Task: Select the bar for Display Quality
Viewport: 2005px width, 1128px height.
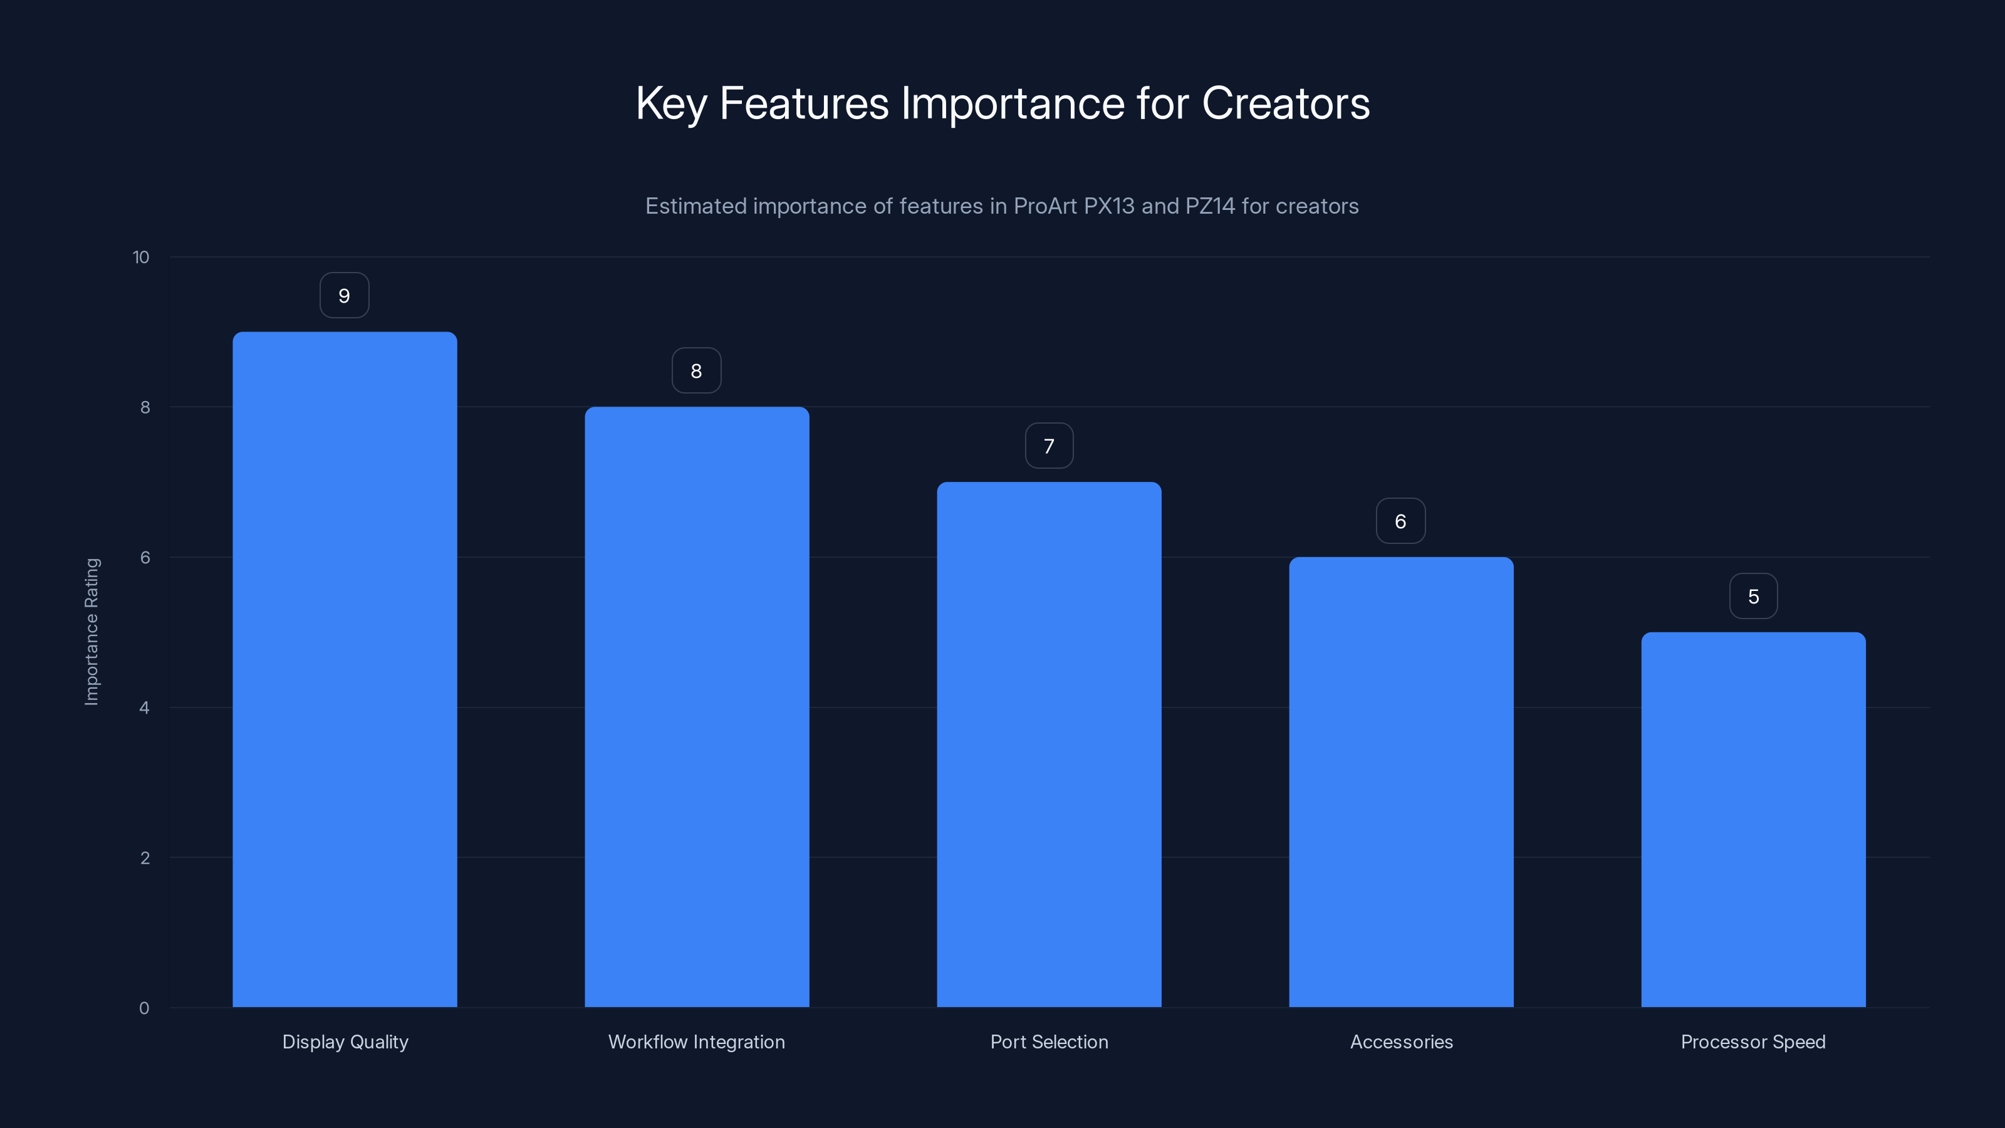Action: [345, 669]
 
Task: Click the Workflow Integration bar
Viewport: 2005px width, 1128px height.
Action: [697, 707]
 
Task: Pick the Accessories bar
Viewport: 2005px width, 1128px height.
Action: [1401, 781]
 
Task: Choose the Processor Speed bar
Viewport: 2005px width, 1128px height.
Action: [1753, 819]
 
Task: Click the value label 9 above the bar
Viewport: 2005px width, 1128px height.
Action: [344, 296]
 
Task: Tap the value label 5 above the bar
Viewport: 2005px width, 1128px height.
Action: [1753, 597]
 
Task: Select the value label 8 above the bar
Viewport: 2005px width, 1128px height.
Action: [697, 372]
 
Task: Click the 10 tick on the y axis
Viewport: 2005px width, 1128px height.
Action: [141, 258]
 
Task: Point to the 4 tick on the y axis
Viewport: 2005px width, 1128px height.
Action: [144, 708]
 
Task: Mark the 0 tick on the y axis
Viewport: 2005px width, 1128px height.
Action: [144, 1008]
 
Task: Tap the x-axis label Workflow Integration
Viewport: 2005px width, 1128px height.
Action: [697, 1042]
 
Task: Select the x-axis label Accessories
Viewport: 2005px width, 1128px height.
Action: [1401, 1042]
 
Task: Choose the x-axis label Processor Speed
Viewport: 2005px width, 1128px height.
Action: [1753, 1042]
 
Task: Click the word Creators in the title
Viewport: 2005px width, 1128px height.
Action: [1285, 103]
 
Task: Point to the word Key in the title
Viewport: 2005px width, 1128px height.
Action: [671, 103]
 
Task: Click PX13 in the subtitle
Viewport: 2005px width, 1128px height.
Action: [1109, 206]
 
